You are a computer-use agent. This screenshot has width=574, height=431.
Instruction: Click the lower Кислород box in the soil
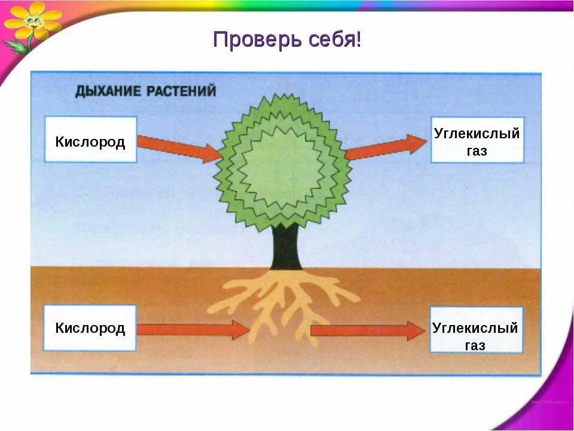coord(90,328)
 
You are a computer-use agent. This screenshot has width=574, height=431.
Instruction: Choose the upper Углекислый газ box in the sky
coord(477,141)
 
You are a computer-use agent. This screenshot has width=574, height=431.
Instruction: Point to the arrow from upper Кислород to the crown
coord(179,148)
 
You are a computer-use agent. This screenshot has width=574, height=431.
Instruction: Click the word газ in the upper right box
coord(477,151)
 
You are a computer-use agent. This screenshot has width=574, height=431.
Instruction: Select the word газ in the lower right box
coord(475,345)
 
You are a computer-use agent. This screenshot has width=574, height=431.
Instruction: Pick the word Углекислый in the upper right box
coord(477,133)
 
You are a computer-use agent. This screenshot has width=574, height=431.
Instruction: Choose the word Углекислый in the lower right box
coord(475,328)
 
